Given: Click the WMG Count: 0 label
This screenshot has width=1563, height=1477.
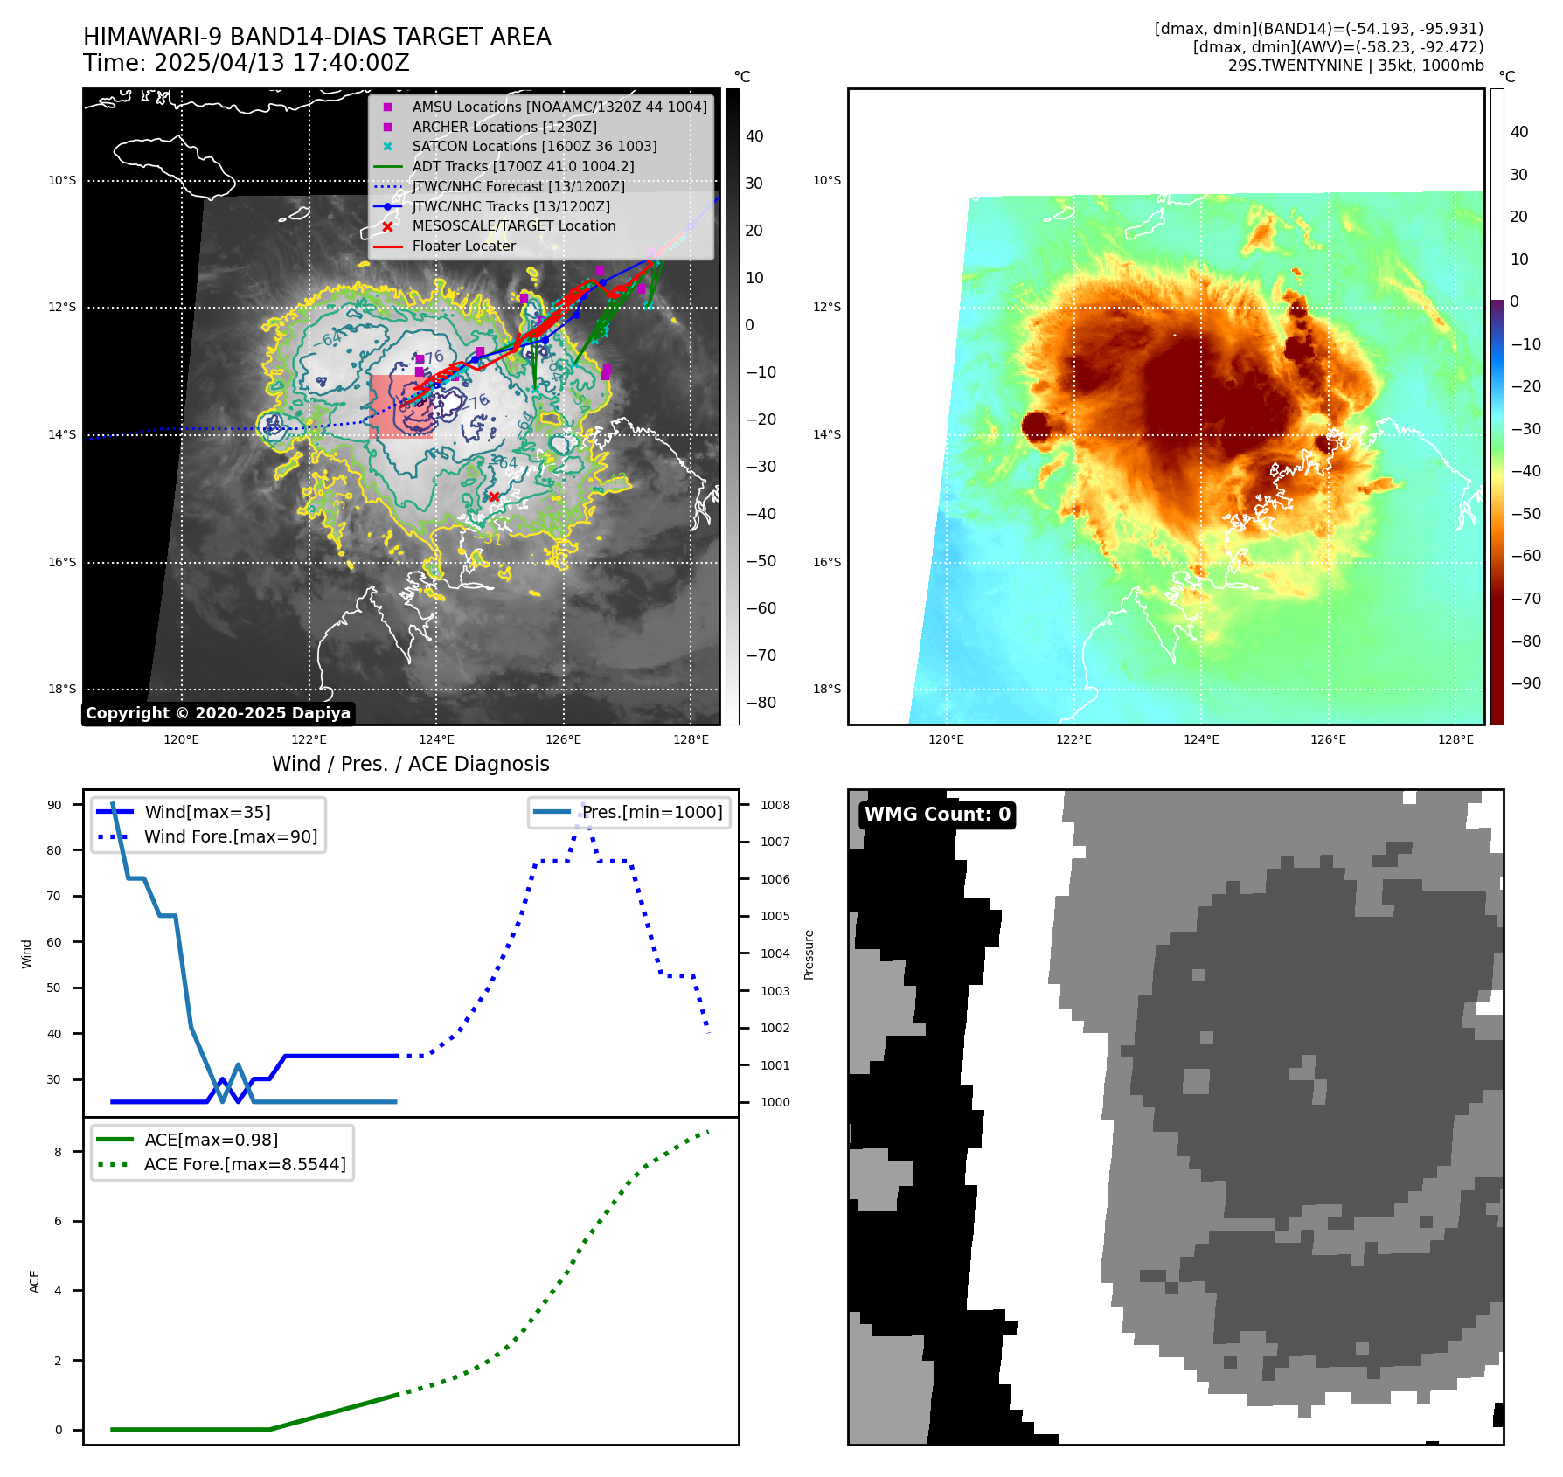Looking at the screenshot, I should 937,815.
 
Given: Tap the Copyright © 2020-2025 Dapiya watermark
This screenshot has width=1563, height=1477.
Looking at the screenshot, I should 218,713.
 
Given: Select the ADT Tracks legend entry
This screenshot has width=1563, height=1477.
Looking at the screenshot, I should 523,166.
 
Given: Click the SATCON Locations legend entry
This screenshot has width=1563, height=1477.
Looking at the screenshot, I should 534,146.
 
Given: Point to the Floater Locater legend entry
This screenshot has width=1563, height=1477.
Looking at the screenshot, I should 463,246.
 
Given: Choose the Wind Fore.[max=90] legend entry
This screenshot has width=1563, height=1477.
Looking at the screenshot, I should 231,836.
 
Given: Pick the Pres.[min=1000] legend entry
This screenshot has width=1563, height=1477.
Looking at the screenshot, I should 652,812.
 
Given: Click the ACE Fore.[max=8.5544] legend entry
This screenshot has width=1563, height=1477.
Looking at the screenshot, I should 245,1164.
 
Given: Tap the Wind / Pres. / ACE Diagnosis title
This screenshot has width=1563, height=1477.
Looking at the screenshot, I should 411,764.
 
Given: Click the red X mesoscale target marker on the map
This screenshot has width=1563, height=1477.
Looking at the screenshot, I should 494,496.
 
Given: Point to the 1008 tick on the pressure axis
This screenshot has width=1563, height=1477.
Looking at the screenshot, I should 775,805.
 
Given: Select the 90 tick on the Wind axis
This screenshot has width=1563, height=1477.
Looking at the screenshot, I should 54,805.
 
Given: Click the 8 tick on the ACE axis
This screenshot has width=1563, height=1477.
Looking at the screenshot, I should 58,1152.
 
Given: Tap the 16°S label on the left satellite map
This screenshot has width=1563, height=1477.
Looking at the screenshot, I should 62,562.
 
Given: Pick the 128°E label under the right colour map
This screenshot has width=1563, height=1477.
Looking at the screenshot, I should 1455,739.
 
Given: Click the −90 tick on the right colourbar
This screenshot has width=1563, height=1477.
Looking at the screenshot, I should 1526,683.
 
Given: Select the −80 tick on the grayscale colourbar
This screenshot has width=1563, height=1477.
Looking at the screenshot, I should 761,703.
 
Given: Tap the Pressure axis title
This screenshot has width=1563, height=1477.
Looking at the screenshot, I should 809,954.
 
